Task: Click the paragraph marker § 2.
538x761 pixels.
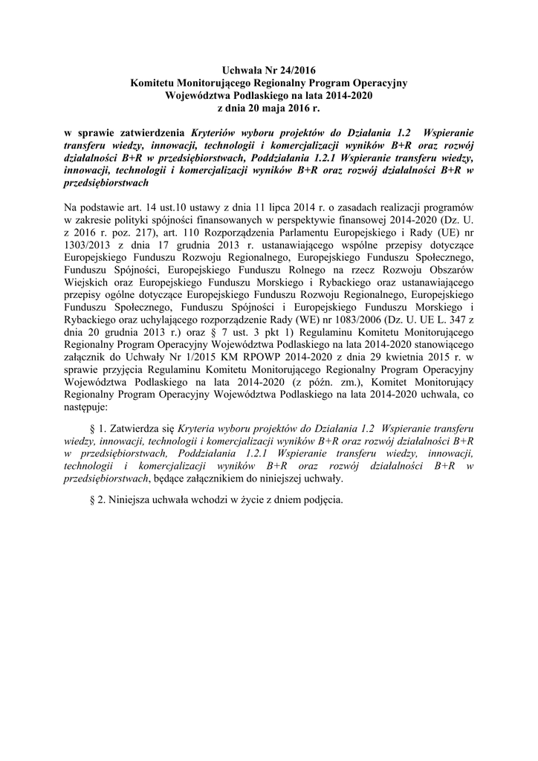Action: [x=95, y=500]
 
